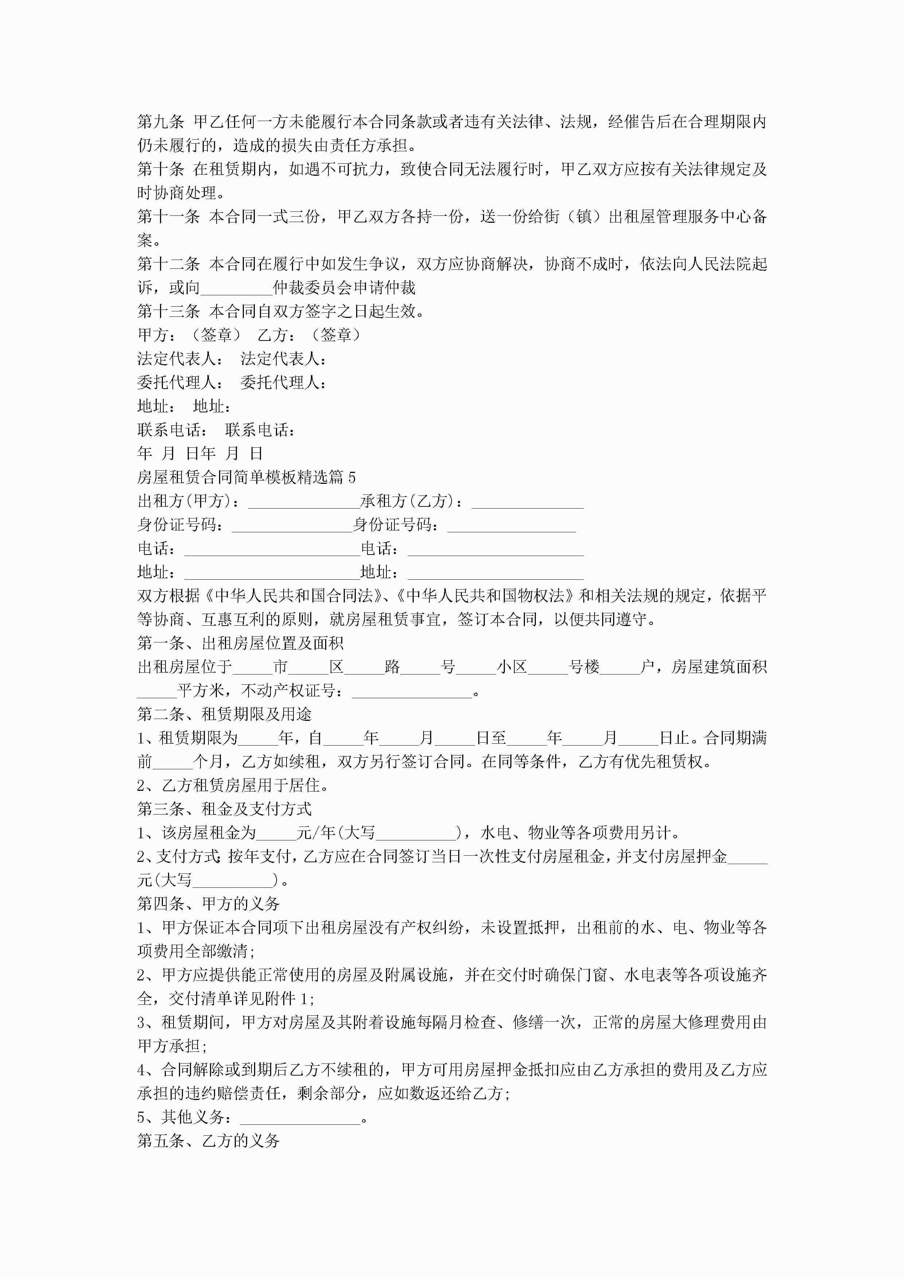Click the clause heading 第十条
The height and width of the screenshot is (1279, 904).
pos(160,169)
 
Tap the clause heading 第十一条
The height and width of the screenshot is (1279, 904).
pos(168,217)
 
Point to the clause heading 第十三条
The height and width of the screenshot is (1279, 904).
pos(168,311)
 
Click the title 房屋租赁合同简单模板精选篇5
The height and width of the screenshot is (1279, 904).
pos(246,477)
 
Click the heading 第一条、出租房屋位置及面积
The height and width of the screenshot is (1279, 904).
pos(240,644)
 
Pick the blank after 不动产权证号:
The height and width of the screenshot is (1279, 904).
pos(412,691)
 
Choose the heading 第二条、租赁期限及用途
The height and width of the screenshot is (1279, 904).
pos(225,715)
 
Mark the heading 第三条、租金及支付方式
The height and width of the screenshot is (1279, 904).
pos(225,809)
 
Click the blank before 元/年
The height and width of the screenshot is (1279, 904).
pos(276,833)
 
